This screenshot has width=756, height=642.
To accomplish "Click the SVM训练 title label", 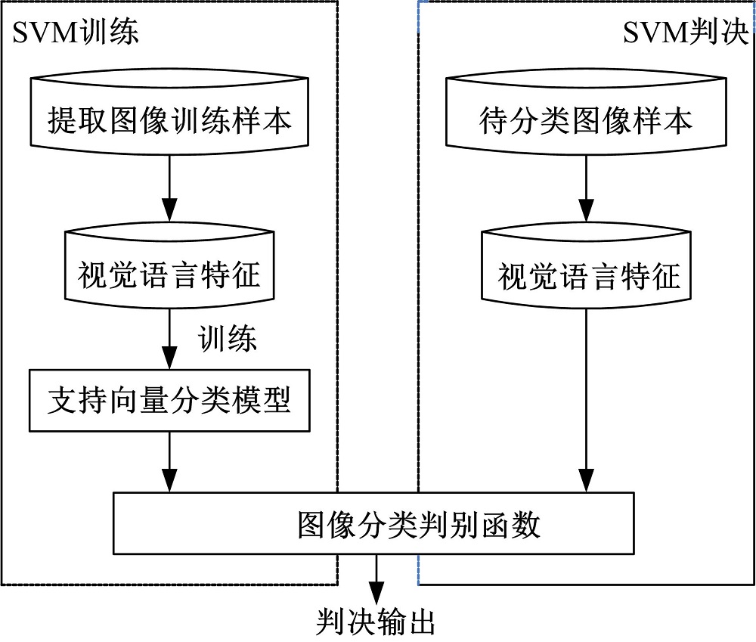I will (75, 33).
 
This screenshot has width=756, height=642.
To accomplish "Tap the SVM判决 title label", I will (685, 33).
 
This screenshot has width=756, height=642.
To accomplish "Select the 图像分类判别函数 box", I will (374, 524).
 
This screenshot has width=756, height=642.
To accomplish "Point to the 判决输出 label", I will (375, 622).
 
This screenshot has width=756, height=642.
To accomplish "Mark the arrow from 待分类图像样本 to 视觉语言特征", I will (587, 192).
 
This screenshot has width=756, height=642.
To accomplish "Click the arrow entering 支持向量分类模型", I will (169, 343).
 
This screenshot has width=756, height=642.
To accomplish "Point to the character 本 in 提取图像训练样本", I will (277, 119).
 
